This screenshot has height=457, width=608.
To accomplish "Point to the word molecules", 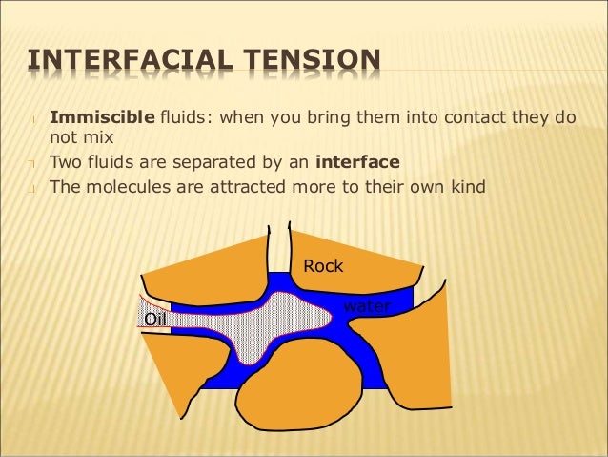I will click(123, 187).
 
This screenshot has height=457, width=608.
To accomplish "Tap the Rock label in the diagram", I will click(323, 267).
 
